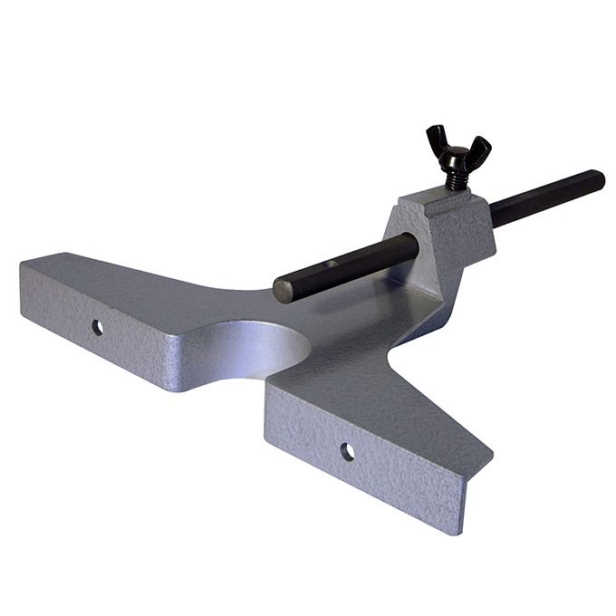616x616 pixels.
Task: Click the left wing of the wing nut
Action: click(438, 139)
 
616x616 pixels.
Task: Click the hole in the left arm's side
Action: click(97, 326)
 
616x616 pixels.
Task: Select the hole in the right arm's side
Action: click(347, 450)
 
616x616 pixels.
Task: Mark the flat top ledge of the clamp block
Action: click(426, 200)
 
